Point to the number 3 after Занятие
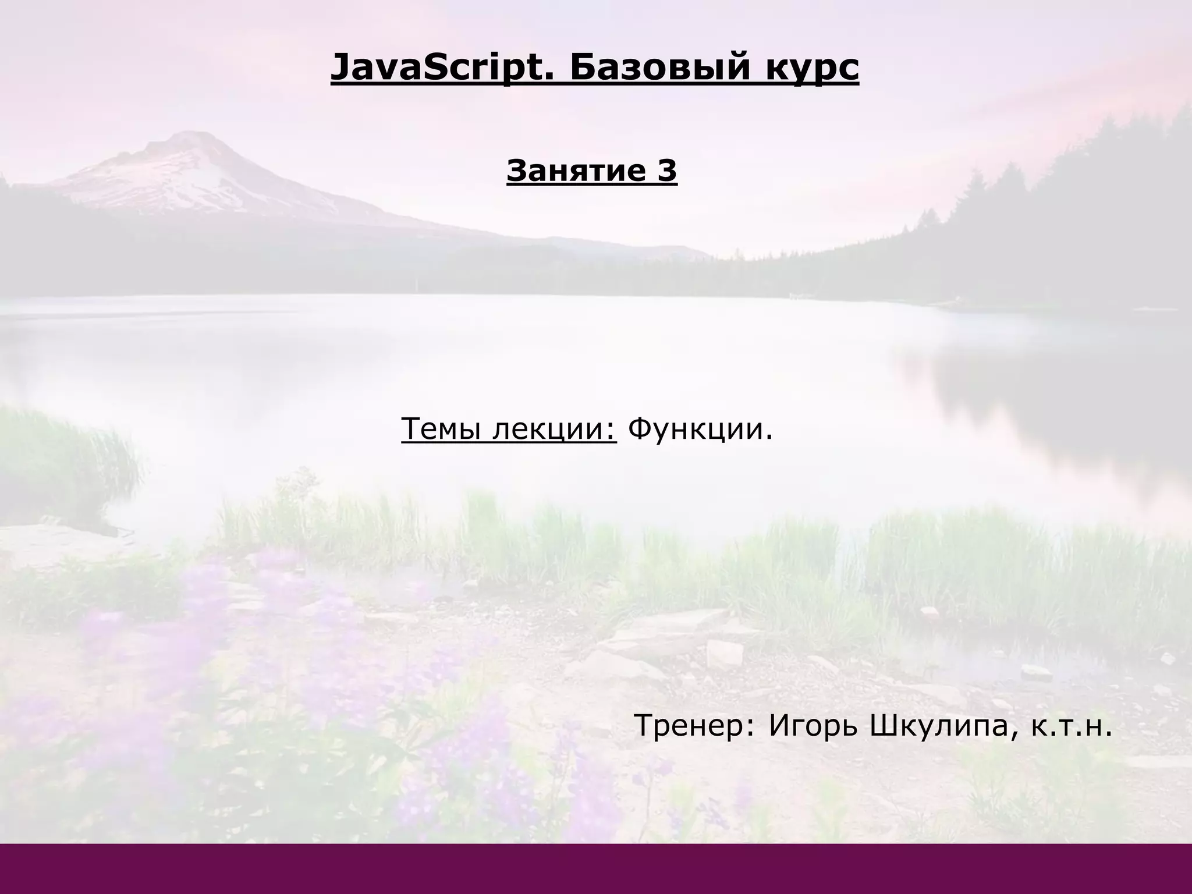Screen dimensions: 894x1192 coord(668,171)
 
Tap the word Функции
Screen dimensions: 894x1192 coord(695,430)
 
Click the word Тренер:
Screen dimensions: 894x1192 coord(695,726)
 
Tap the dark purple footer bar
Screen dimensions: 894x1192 coord(596,868)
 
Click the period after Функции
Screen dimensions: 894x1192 coord(769,438)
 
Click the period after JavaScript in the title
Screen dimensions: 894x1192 coord(553,78)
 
